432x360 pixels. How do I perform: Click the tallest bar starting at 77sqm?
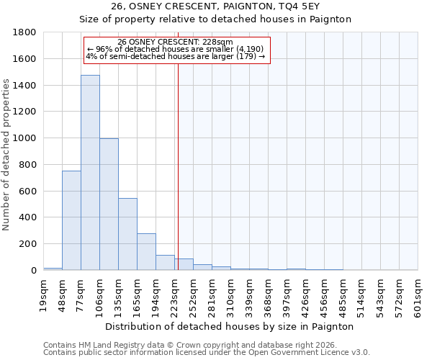(x=90, y=173)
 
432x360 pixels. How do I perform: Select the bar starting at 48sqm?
(x=71, y=220)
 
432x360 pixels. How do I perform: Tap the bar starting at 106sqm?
(x=109, y=204)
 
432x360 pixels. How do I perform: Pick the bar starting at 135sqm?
(x=127, y=234)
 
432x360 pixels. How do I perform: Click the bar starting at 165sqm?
(x=146, y=252)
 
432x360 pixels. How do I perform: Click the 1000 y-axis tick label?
(x=25, y=138)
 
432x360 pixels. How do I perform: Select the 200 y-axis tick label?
(x=28, y=244)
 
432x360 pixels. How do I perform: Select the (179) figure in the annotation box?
(x=245, y=56)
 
